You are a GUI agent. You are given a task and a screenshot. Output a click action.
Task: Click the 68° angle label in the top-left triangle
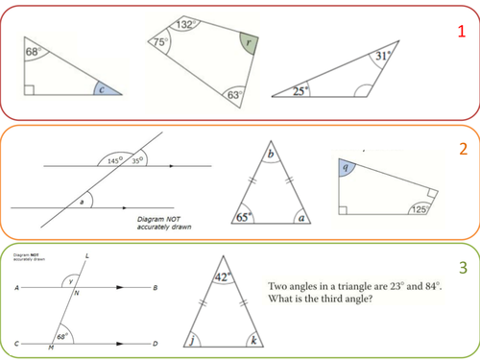[32, 51]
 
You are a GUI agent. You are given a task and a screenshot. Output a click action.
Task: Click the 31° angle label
[382, 56]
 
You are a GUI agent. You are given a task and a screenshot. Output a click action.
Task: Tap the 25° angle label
[300, 91]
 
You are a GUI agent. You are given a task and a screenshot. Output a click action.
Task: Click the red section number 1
[463, 31]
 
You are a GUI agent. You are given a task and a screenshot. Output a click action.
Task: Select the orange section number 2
[463, 150]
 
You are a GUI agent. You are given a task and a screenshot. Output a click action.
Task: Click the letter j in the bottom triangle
[194, 339]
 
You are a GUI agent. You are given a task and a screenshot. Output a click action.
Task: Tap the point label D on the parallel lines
[156, 343]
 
